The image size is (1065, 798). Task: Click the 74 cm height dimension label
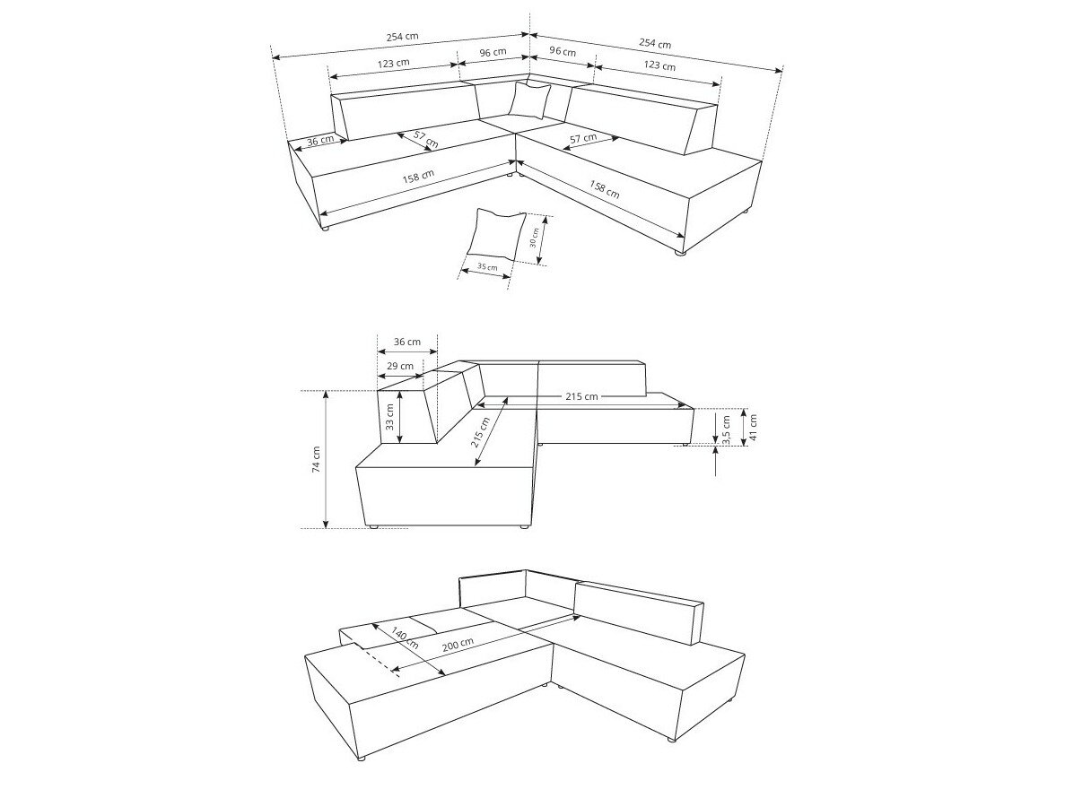pos(317,459)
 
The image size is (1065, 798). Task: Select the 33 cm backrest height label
pos(390,417)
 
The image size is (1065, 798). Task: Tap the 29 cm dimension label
pos(400,366)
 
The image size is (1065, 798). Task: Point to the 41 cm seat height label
pos(754,426)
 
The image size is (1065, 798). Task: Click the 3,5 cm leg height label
pos(726,429)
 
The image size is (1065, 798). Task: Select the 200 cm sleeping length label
pos(458,646)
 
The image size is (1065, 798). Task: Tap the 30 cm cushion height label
pos(534,236)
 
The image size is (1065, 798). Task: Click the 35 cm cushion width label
pos(487,266)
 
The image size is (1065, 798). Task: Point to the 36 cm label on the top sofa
pos(320,141)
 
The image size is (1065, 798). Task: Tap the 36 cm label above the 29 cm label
pos(407,342)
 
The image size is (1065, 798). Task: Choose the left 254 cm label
pos(403,38)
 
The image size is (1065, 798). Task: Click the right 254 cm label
pos(655,43)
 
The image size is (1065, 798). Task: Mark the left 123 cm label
pos(393,63)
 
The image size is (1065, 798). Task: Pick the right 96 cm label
pos(563,52)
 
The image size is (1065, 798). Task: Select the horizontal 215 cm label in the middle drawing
pos(581,395)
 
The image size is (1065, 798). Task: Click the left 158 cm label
pos(418,177)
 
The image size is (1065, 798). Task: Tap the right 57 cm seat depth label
pos(583,138)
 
